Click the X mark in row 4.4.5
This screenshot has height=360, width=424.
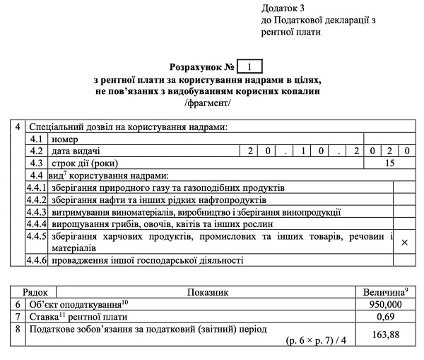point(404,242)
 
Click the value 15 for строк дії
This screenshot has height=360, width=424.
point(389,163)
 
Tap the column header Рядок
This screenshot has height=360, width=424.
point(35,291)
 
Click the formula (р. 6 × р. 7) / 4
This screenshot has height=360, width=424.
point(317,340)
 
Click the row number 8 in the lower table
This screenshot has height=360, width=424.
point(18,328)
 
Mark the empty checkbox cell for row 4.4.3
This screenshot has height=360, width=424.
point(404,211)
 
